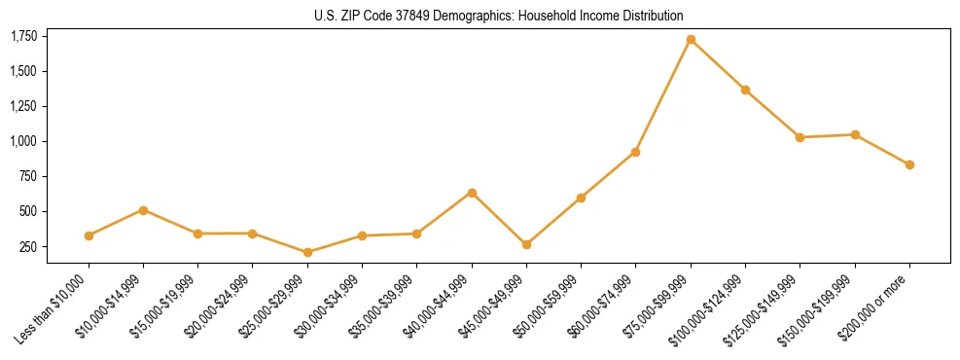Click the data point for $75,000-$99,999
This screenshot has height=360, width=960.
click(x=691, y=40)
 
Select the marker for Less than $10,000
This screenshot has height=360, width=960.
click(x=89, y=235)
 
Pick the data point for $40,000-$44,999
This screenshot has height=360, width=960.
click(x=472, y=193)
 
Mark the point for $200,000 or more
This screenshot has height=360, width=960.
click(x=909, y=164)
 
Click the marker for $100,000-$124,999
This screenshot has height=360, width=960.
click(x=745, y=90)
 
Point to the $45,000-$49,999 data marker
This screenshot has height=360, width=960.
click(x=526, y=244)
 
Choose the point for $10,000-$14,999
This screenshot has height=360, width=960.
click(x=143, y=210)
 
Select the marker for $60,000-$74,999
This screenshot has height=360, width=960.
click(x=635, y=152)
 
